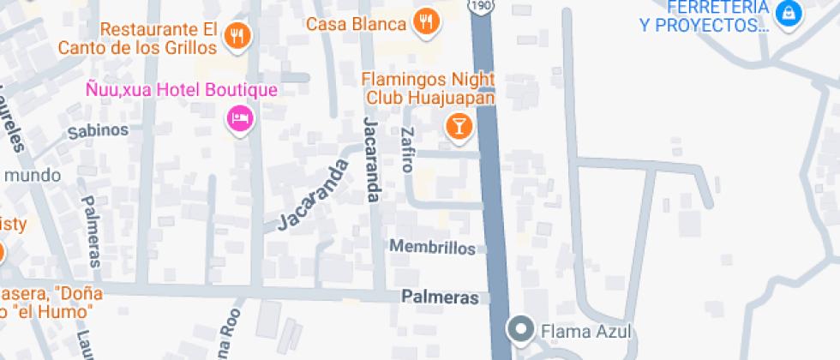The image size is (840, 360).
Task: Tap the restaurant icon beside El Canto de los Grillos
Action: pos(237,35)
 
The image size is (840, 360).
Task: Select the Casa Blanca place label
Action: pos(356,24)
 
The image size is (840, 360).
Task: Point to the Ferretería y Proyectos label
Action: pos(703,17)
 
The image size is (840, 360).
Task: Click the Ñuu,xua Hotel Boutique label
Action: pos(181,89)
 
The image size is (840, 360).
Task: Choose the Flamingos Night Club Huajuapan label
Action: pos(429,88)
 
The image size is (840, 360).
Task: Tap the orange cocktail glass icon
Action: pos(460,127)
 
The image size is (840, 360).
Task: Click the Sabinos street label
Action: pos(98,130)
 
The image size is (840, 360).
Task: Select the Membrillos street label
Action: pos(432,247)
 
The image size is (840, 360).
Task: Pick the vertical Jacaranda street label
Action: pos(370,159)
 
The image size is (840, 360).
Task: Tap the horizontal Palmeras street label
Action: pos(441,297)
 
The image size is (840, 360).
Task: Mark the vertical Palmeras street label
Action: pos(91,231)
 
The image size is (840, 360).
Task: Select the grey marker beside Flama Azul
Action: pos(520,328)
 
